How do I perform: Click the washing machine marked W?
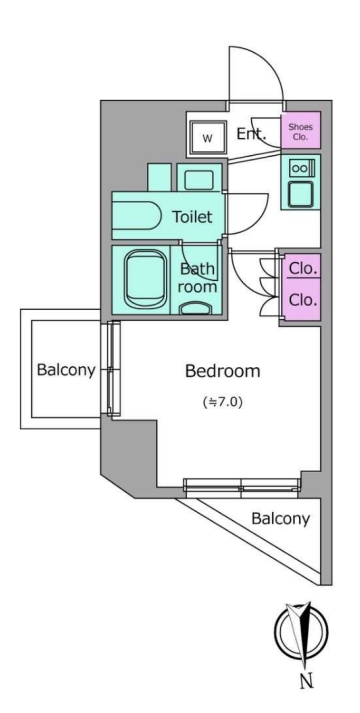207,138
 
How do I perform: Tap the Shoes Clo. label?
300,132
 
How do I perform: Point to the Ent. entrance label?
251,134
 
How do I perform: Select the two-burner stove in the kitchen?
300,168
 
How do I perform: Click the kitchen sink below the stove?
300,193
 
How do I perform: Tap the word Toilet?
192,217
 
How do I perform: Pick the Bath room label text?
198,277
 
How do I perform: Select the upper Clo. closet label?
303,268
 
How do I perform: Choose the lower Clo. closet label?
303,300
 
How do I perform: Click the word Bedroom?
223,371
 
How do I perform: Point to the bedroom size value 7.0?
227,402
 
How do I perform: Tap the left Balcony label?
66,370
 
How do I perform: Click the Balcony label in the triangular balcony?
281,518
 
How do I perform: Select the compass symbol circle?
301,631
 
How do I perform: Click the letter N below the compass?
306,681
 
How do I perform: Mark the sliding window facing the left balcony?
114,369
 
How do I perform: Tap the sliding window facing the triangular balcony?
242,486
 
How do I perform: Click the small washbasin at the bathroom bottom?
196,308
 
